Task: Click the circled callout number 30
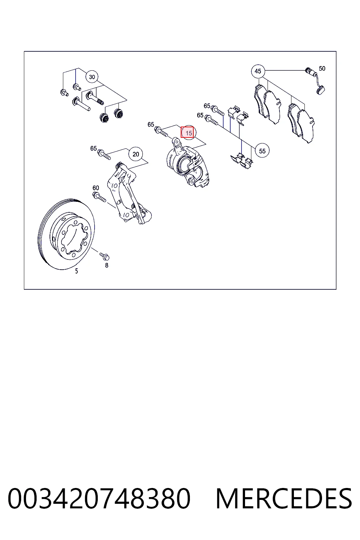(92, 77)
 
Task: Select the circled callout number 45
(258, 71)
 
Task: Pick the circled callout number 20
(136, 154)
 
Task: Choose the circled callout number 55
(262, 151)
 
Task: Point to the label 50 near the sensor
(322, 69)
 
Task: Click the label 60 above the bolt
(96, 188)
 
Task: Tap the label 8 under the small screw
(107, 265)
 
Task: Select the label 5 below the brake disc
(76, 271)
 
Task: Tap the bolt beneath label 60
(99, 197)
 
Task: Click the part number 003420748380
(99, 498)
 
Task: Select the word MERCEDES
(284, 498)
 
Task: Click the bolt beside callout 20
(104, 154)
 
